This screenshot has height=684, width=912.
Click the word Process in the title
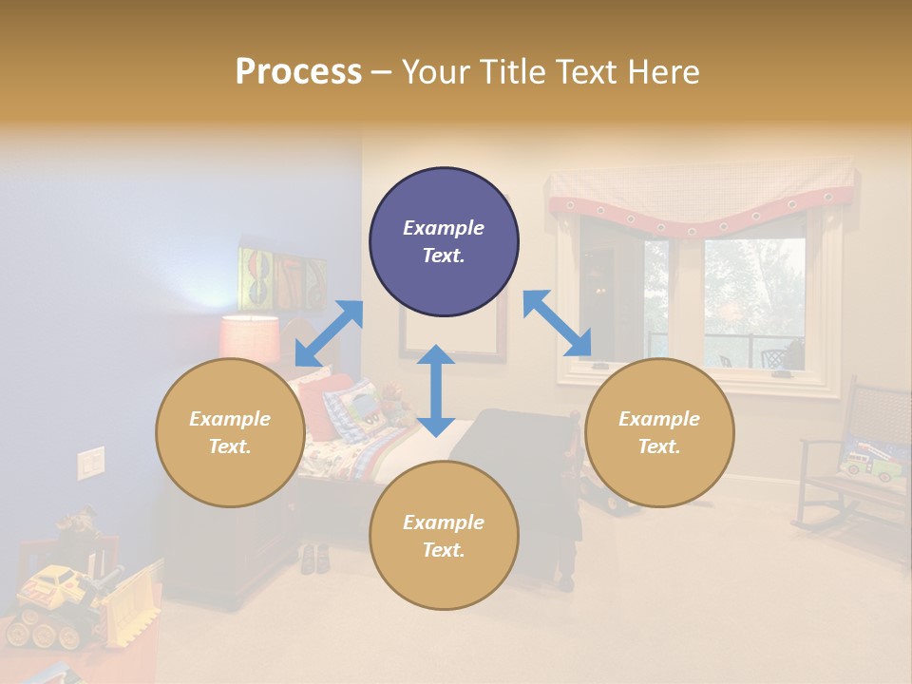[298, 72]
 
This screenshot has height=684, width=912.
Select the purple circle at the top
[444, 242]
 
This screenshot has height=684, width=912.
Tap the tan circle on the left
[229, 432]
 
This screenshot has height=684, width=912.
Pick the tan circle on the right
[658, 432]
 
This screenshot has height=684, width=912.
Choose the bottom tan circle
[444, 536]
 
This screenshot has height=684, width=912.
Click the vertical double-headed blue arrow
[436, 390]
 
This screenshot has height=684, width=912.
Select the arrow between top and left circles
[329, 333]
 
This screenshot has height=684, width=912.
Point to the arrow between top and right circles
[557, 323]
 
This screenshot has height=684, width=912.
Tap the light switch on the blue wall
[90, 463]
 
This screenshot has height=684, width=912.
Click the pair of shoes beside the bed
[314, 558]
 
